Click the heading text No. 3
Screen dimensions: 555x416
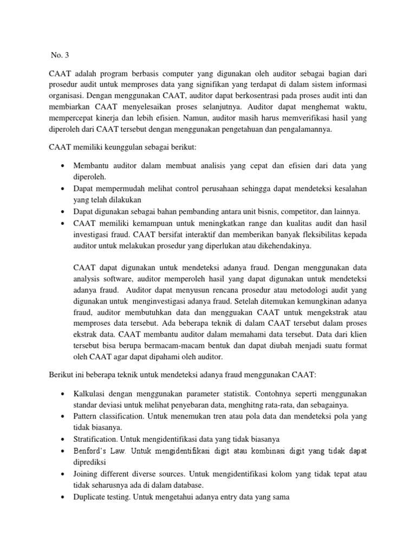61,55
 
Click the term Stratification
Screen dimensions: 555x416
95,440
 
